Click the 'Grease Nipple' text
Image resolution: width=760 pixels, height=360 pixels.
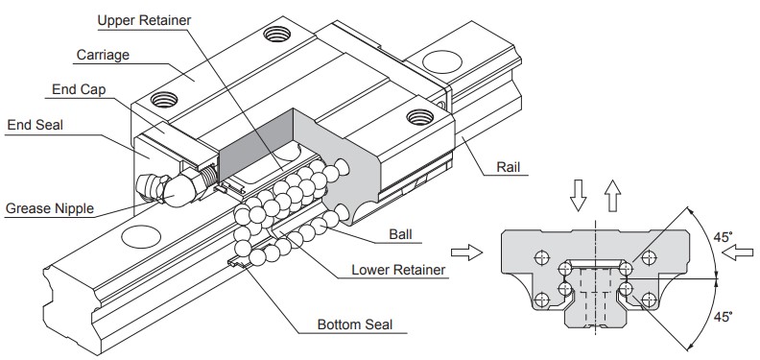tap(48, 207)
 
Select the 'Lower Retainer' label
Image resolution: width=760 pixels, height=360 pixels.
tap(398, 270)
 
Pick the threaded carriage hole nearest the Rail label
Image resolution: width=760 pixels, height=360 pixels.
tap(418, 117)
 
